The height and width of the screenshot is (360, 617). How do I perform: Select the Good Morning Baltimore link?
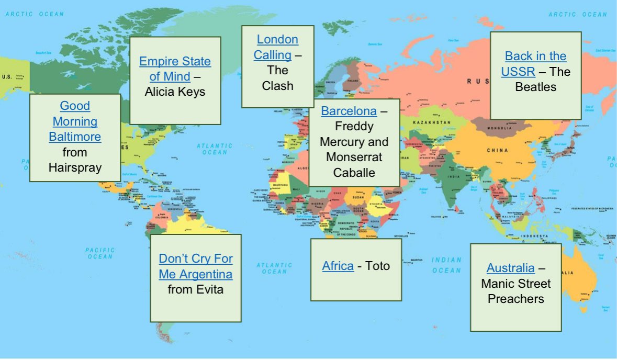point(75,121)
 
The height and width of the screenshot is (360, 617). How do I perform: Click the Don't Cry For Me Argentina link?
point(196,266)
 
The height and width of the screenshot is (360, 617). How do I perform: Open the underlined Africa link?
point(338,266)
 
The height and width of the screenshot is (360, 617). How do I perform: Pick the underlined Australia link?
point(510,268)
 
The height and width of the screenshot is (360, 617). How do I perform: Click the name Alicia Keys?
point(175,92)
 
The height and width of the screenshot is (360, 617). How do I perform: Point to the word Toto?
point(378,266)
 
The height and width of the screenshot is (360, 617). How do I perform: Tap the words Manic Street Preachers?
point(515,291)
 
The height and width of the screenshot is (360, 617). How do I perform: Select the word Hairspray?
point(75,167)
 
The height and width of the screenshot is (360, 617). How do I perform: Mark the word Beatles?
point(535,87)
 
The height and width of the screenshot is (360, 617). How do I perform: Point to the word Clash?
point(277,86)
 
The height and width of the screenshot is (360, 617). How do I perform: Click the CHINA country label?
point(497,151)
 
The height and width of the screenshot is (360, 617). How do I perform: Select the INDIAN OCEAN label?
point(446,265)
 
